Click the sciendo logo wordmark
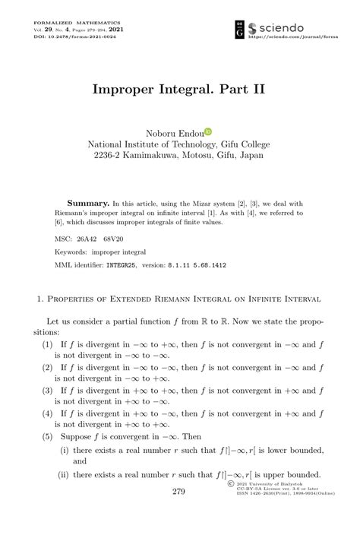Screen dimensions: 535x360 pyautogui.click(x=283, y=28)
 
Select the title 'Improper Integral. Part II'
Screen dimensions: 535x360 pyautogui.click(x=179, y=89)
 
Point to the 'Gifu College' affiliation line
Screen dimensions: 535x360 pyautogui.click(x=179, y=143)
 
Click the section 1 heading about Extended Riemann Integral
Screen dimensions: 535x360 pyautogui.click(x=179, y=299)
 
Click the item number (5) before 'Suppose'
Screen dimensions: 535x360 pyautogui.click(x=47, y=437)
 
